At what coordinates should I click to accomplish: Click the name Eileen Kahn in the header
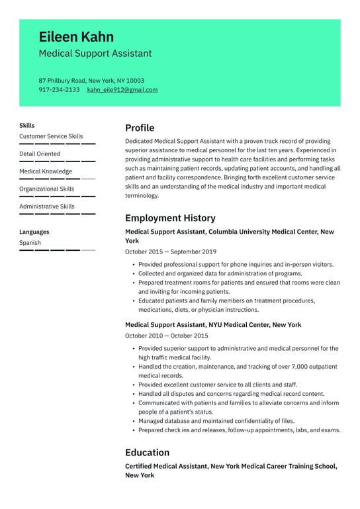[x=76, y=36]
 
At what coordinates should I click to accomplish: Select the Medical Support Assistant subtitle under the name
[x=95, y=54]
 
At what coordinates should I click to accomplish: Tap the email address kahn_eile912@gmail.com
[x=122, y=90]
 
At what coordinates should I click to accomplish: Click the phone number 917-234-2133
[x=59, y=90]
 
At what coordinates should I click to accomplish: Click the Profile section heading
[x=140, y=128]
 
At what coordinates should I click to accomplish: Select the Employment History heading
[x=170, y=218]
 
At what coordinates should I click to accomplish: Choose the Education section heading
[x=147, y=453]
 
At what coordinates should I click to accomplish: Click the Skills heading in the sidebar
[x=27, y=125]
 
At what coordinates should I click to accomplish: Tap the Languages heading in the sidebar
[x=34, y=232]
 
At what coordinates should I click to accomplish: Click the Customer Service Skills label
[x=51, y=136]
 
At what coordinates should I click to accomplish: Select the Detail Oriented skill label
[x=40, y=154]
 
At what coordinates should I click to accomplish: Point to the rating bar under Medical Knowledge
[x=57, y=179]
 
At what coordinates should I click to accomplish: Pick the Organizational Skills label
[x=46, y=189]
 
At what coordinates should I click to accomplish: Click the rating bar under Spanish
[x=57, y=250]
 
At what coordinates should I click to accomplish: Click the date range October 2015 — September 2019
[x=170, y=252]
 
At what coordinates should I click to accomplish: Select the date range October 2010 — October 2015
[x=166, y=336]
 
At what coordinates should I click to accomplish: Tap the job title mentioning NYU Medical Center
[x=213, y=325]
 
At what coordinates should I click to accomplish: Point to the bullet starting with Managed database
[x=216, y=421]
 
